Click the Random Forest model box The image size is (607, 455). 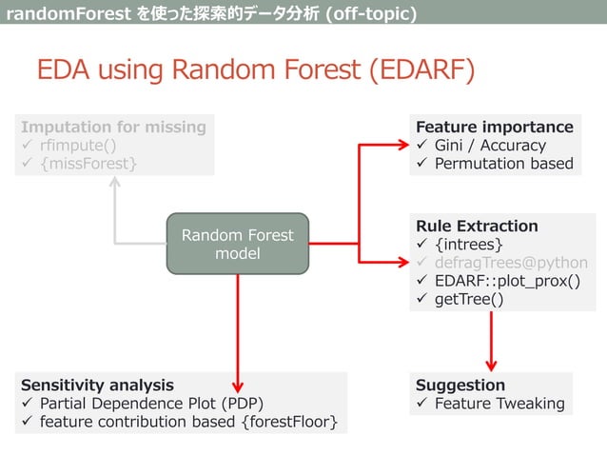coord(238,245)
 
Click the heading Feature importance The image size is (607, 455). coord(494,127)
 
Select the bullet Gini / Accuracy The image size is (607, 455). coord(490,145)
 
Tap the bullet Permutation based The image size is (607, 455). coord(503,164)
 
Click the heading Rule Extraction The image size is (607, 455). coord(476,226)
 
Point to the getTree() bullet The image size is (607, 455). coord(469,300)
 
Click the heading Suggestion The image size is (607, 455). coord(460,385)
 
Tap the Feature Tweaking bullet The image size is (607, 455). coord(499,404)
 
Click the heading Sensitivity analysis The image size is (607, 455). coord(97,385)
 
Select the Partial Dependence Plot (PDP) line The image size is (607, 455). coord(150,403)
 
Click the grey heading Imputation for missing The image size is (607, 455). coord(113,127)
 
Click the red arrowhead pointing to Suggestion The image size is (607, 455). coord(492,363)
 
